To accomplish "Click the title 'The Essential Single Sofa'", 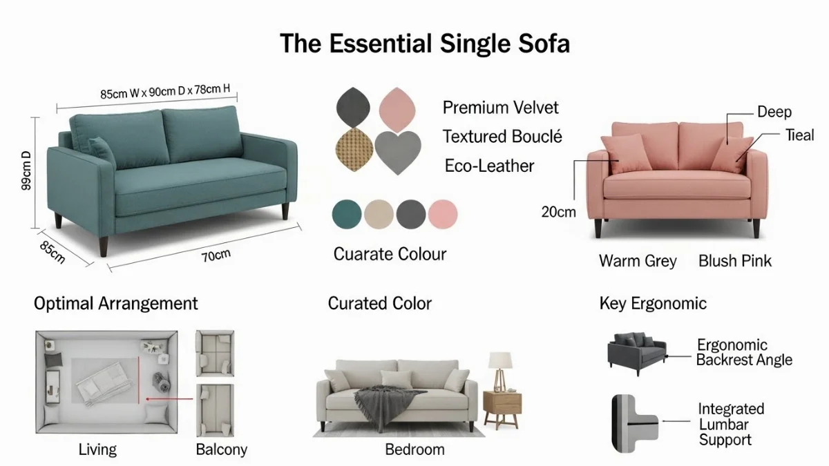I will tap(425, 43).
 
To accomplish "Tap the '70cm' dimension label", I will tap(216, 256).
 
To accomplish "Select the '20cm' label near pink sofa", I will tap(558, 212).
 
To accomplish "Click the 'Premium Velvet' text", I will tap(500, 108).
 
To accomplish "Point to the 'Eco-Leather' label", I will tap(489, 166).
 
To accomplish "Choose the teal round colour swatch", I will tap(346, 214).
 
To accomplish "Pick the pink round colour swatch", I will tap(442, 214).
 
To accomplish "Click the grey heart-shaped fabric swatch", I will tap(397, 151).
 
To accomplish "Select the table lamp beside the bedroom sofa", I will tap(500, 369).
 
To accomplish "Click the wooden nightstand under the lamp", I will tap(502, 409).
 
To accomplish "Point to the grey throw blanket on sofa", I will tap(379, 401).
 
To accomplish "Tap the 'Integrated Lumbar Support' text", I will tap(731, 425).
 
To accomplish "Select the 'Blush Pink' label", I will tap(735, 261).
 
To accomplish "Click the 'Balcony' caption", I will tap(221, 449).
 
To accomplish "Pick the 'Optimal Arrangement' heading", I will tap(116, 303).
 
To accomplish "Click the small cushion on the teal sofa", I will tap(102, 151).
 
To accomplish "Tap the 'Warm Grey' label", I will tap(638, 261).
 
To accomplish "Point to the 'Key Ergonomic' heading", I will tap(653, 303).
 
